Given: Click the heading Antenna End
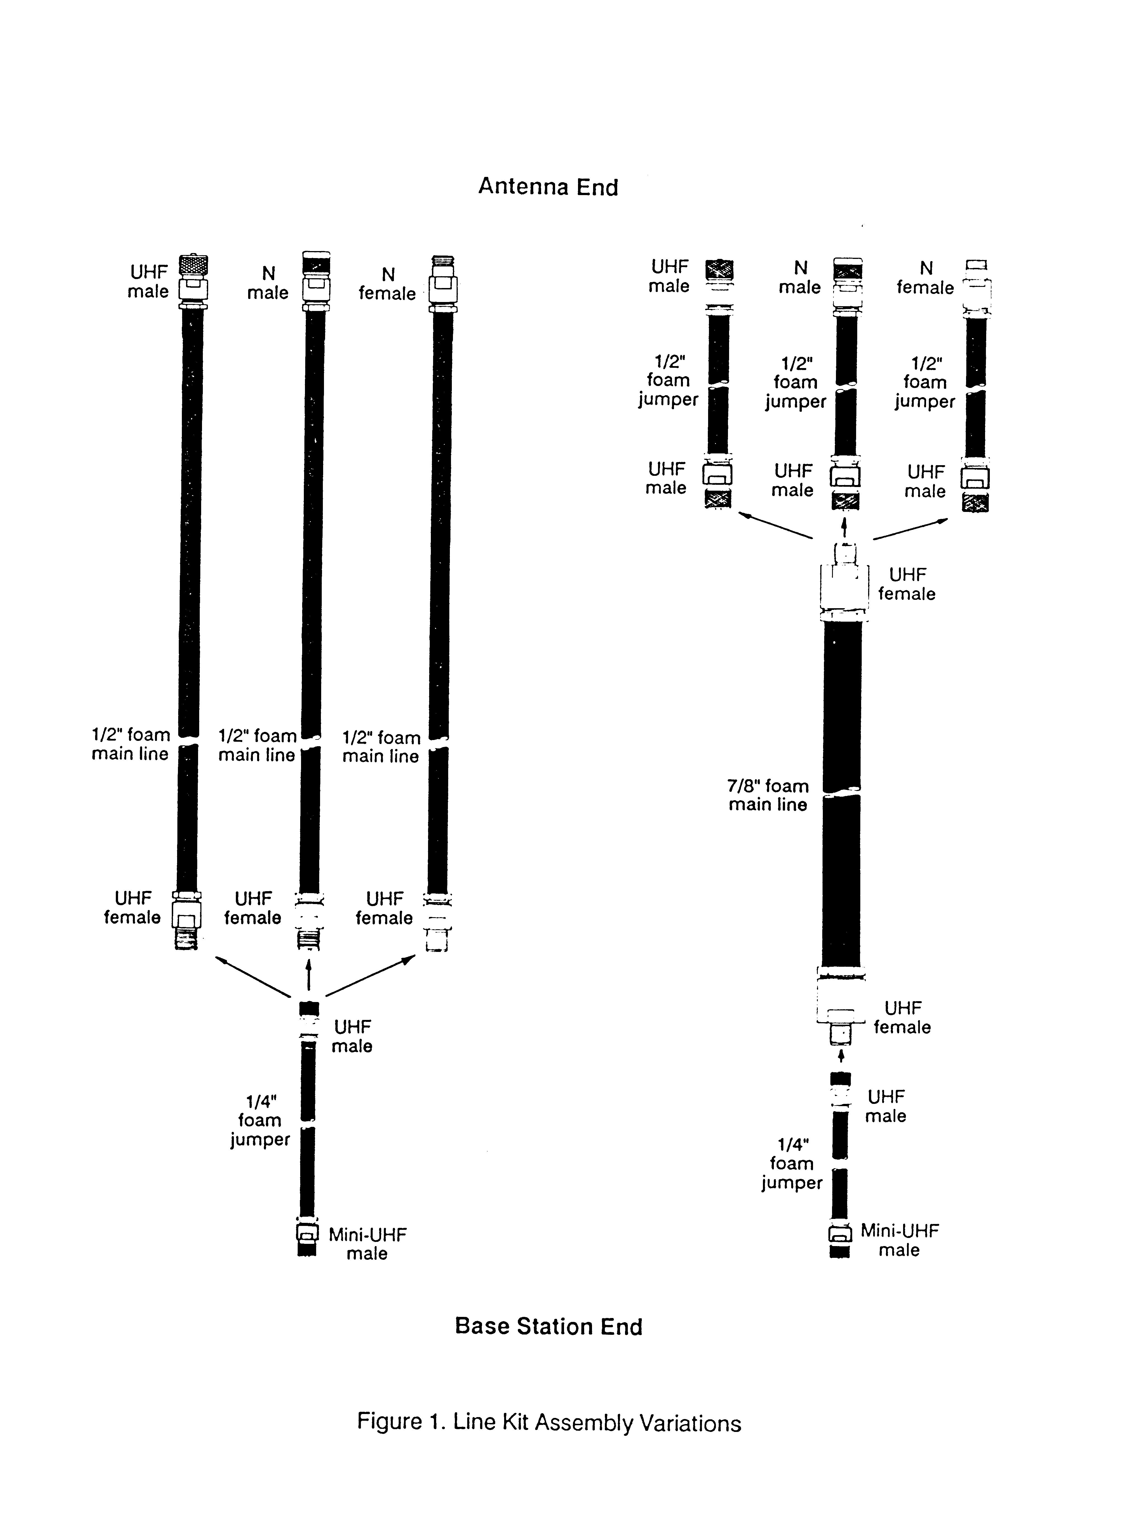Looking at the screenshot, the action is click(x=548, y=187).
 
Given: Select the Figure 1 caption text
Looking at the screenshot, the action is click(x=549, y=1423).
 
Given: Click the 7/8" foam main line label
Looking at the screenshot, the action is click(x=768, y=795).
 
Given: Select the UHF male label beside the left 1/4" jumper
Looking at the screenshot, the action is click(x=352, y=1036).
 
